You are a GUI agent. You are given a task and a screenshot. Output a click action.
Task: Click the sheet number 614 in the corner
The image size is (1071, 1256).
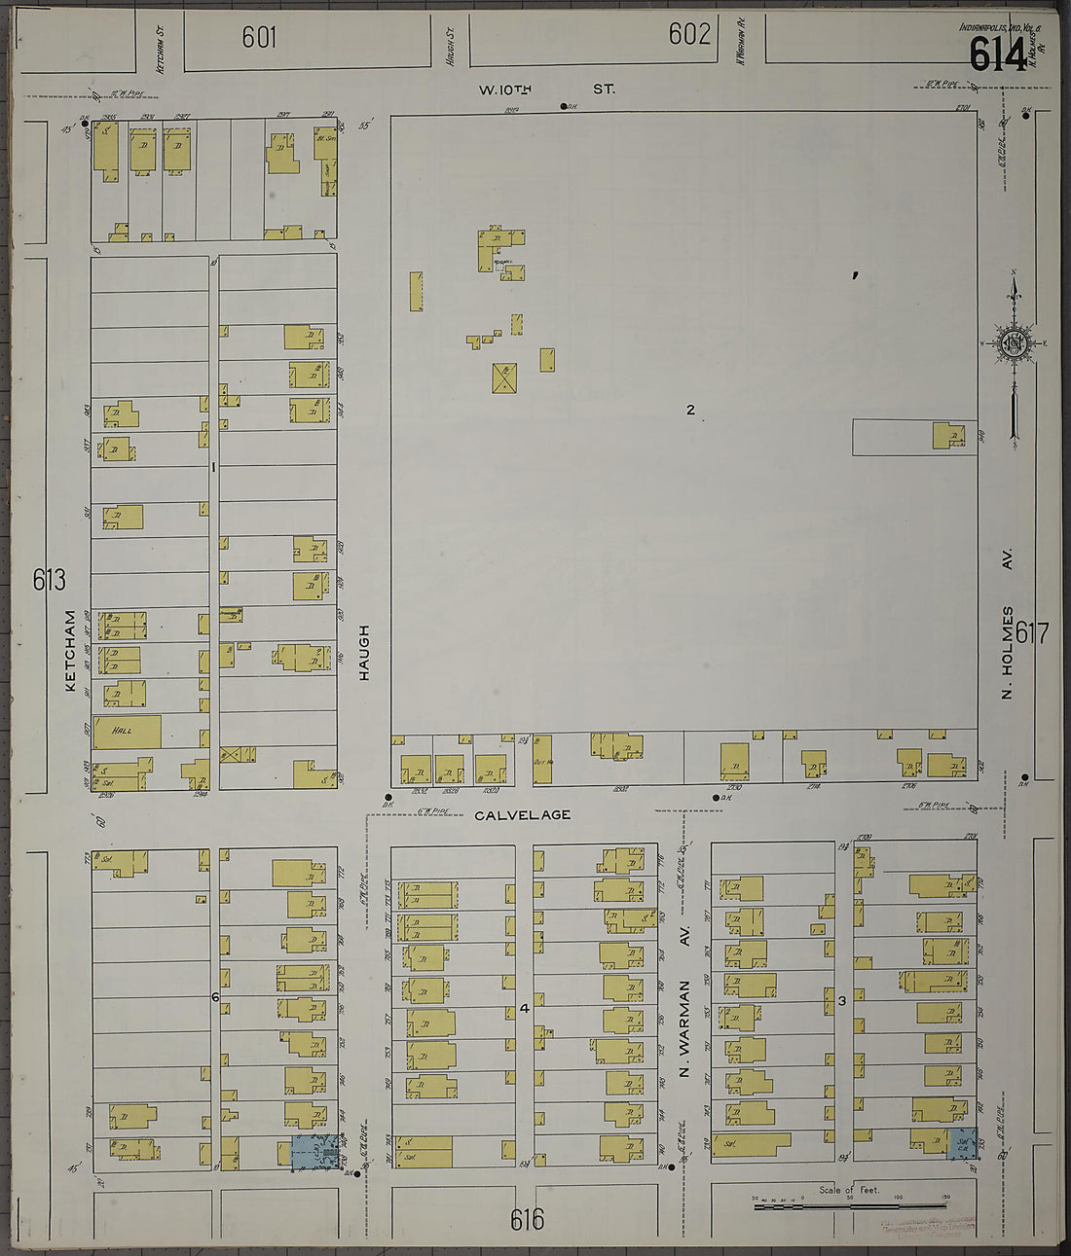(x=996, y=54)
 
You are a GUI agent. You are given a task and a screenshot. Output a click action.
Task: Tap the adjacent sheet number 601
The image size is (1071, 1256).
(x=259, y=37)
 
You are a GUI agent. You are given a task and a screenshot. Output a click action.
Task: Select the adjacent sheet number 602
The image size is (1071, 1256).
(x=689, y=34)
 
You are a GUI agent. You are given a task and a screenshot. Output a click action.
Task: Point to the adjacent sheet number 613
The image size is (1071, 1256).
(x=49, y=580)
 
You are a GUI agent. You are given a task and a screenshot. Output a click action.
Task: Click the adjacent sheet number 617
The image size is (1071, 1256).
(x=1031, y=634)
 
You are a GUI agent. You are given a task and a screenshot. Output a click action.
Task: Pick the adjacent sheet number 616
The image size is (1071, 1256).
(x=527, y=1219)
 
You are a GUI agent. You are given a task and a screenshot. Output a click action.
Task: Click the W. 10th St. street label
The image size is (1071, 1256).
(x=546, y=89)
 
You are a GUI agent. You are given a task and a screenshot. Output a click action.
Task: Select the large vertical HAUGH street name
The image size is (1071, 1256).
(x=364, y=652)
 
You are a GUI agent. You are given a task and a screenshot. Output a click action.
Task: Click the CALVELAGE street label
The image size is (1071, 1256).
(x=523, y=814)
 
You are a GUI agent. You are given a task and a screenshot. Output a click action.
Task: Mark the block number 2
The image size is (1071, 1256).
(x=690, y=410)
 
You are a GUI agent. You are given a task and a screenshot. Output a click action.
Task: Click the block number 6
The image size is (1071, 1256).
(x=214, y=997)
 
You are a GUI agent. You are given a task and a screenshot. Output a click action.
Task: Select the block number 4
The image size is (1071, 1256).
(x=524, y=1008)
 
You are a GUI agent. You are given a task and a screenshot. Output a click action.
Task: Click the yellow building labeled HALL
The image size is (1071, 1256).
(x=127, y=732)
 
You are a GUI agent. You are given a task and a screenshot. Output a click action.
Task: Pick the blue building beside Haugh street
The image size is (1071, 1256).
(x=314, y=1152)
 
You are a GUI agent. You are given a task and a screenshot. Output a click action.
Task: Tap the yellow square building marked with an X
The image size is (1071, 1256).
(x=504, y=377)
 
